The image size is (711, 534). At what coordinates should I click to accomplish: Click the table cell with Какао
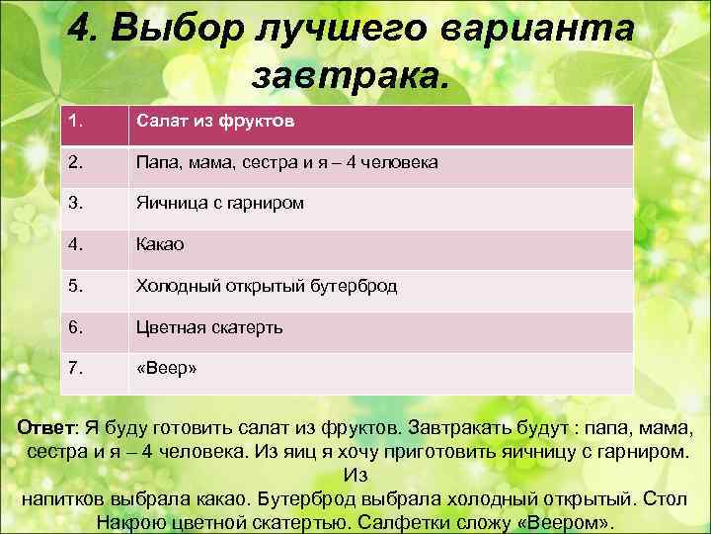160,243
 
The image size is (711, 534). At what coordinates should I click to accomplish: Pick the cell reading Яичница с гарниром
219,203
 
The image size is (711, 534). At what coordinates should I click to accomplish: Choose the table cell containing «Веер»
167,368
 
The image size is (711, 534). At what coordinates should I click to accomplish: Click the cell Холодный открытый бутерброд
267,286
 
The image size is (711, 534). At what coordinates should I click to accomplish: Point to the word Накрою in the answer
140,522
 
